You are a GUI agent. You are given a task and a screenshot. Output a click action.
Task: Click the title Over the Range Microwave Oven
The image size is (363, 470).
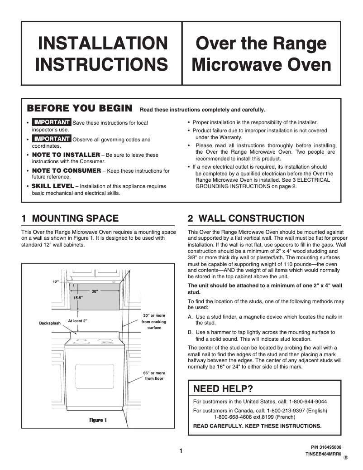(x=261, y=53)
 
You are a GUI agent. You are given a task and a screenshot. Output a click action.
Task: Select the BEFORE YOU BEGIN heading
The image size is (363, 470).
(x=80, y=108)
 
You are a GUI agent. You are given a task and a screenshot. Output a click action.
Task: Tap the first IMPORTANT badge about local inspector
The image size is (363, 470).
(x=52, y=122)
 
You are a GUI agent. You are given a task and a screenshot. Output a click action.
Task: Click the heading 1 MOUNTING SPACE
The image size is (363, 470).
(x=70, y=218)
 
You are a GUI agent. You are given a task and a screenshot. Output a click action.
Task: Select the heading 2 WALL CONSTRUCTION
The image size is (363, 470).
(x=246, y=218)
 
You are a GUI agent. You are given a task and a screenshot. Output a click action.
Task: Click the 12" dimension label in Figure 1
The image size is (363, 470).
(x=56, y=282)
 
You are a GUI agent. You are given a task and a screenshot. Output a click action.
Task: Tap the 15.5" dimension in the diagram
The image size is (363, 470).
(x=78, y=298)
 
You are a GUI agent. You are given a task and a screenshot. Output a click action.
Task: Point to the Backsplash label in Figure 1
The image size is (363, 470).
(x=50, y=323)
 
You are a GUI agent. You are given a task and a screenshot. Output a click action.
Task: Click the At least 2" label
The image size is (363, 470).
(x=77, y=320)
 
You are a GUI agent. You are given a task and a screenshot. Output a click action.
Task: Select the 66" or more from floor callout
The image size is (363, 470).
(x=154, y=375)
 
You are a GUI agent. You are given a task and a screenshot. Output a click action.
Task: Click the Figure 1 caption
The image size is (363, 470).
(x=98, y=420)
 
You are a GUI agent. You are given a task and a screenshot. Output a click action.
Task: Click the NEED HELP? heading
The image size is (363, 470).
(x=223, y=388)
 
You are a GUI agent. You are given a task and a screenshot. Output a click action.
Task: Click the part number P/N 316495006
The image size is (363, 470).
(x=326, y=446)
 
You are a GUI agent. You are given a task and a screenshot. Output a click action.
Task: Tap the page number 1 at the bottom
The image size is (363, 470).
(x=181, y=451)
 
